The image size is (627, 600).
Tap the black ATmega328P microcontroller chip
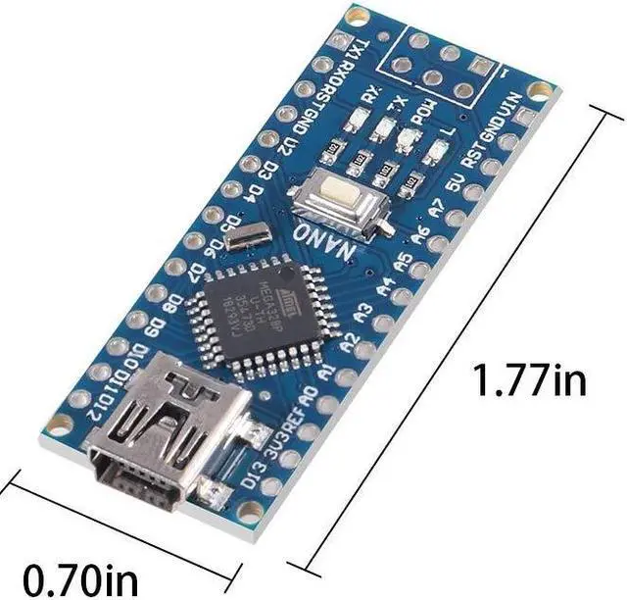tap(253, 313)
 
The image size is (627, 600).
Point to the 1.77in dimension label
tap(529, 378)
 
